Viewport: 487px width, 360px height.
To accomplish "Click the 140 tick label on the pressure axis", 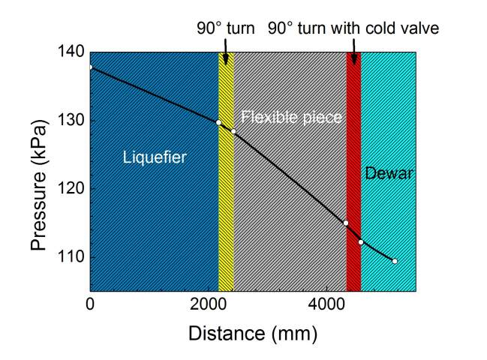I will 71,52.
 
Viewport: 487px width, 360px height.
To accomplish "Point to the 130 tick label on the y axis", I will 71,121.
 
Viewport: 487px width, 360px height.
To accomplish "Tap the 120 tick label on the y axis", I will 71,188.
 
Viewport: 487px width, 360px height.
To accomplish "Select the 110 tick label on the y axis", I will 71,256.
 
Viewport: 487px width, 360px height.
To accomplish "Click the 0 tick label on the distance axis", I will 90,304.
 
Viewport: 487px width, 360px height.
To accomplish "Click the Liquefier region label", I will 154,157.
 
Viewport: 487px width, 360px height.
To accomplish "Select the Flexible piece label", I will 291,118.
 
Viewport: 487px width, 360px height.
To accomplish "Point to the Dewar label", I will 389,174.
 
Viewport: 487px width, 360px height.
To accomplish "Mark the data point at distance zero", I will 90,67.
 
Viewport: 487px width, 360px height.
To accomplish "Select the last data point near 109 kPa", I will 395,261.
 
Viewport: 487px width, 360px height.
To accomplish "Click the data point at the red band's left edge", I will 346,223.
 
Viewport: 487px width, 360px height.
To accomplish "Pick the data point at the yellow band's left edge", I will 218,122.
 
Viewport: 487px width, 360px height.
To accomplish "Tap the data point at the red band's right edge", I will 361,241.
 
